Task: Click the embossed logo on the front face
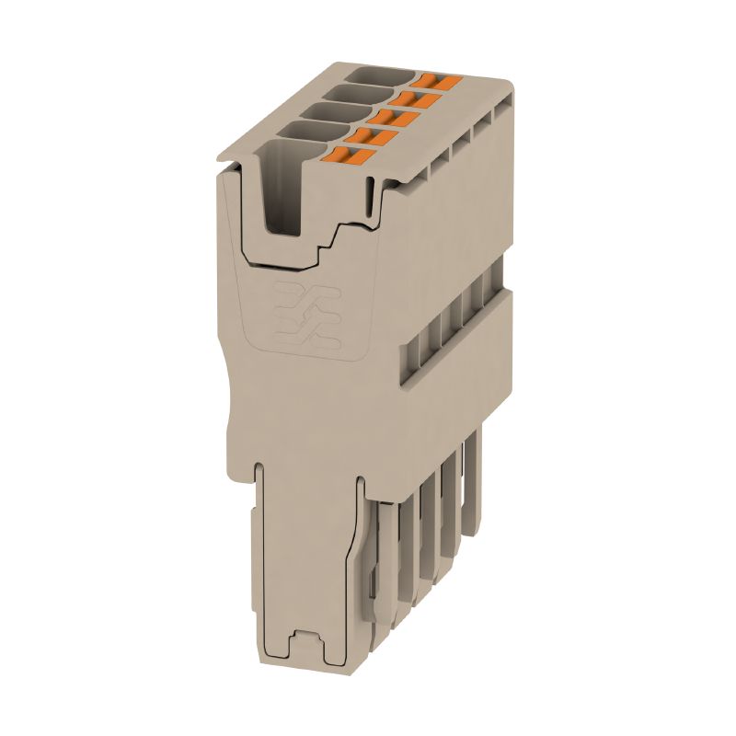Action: (306, 317)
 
